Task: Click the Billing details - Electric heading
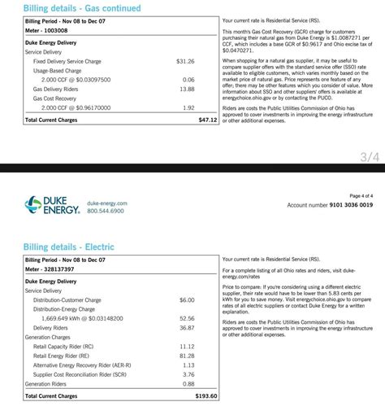pos(70,247)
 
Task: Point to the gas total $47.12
pos(207,120)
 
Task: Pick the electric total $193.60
pos(205,396)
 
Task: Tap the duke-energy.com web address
pos(106,203)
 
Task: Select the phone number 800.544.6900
pos(106,211)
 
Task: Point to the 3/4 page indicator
pos(370,158)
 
